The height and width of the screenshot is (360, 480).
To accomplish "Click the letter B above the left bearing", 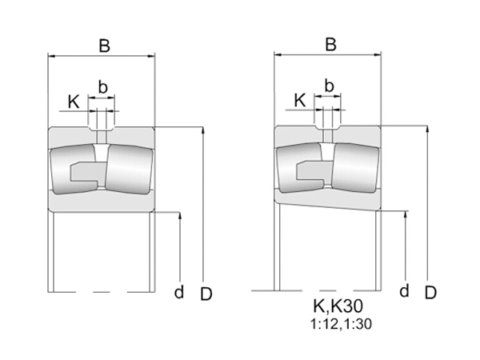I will [104, 46].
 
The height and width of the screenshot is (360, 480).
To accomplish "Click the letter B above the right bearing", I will [330, 45].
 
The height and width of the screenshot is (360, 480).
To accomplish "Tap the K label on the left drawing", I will [74, 102].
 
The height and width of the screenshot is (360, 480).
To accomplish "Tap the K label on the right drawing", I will [300, 99].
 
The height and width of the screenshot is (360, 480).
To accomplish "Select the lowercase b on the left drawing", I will [102, 86].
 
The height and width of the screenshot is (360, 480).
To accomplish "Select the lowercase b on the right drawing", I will [328, 85].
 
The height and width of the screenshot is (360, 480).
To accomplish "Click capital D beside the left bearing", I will [206, 294].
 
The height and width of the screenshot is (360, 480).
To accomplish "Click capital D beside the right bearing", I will [430, 292].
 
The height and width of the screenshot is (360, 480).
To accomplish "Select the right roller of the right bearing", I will [354, 168].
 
